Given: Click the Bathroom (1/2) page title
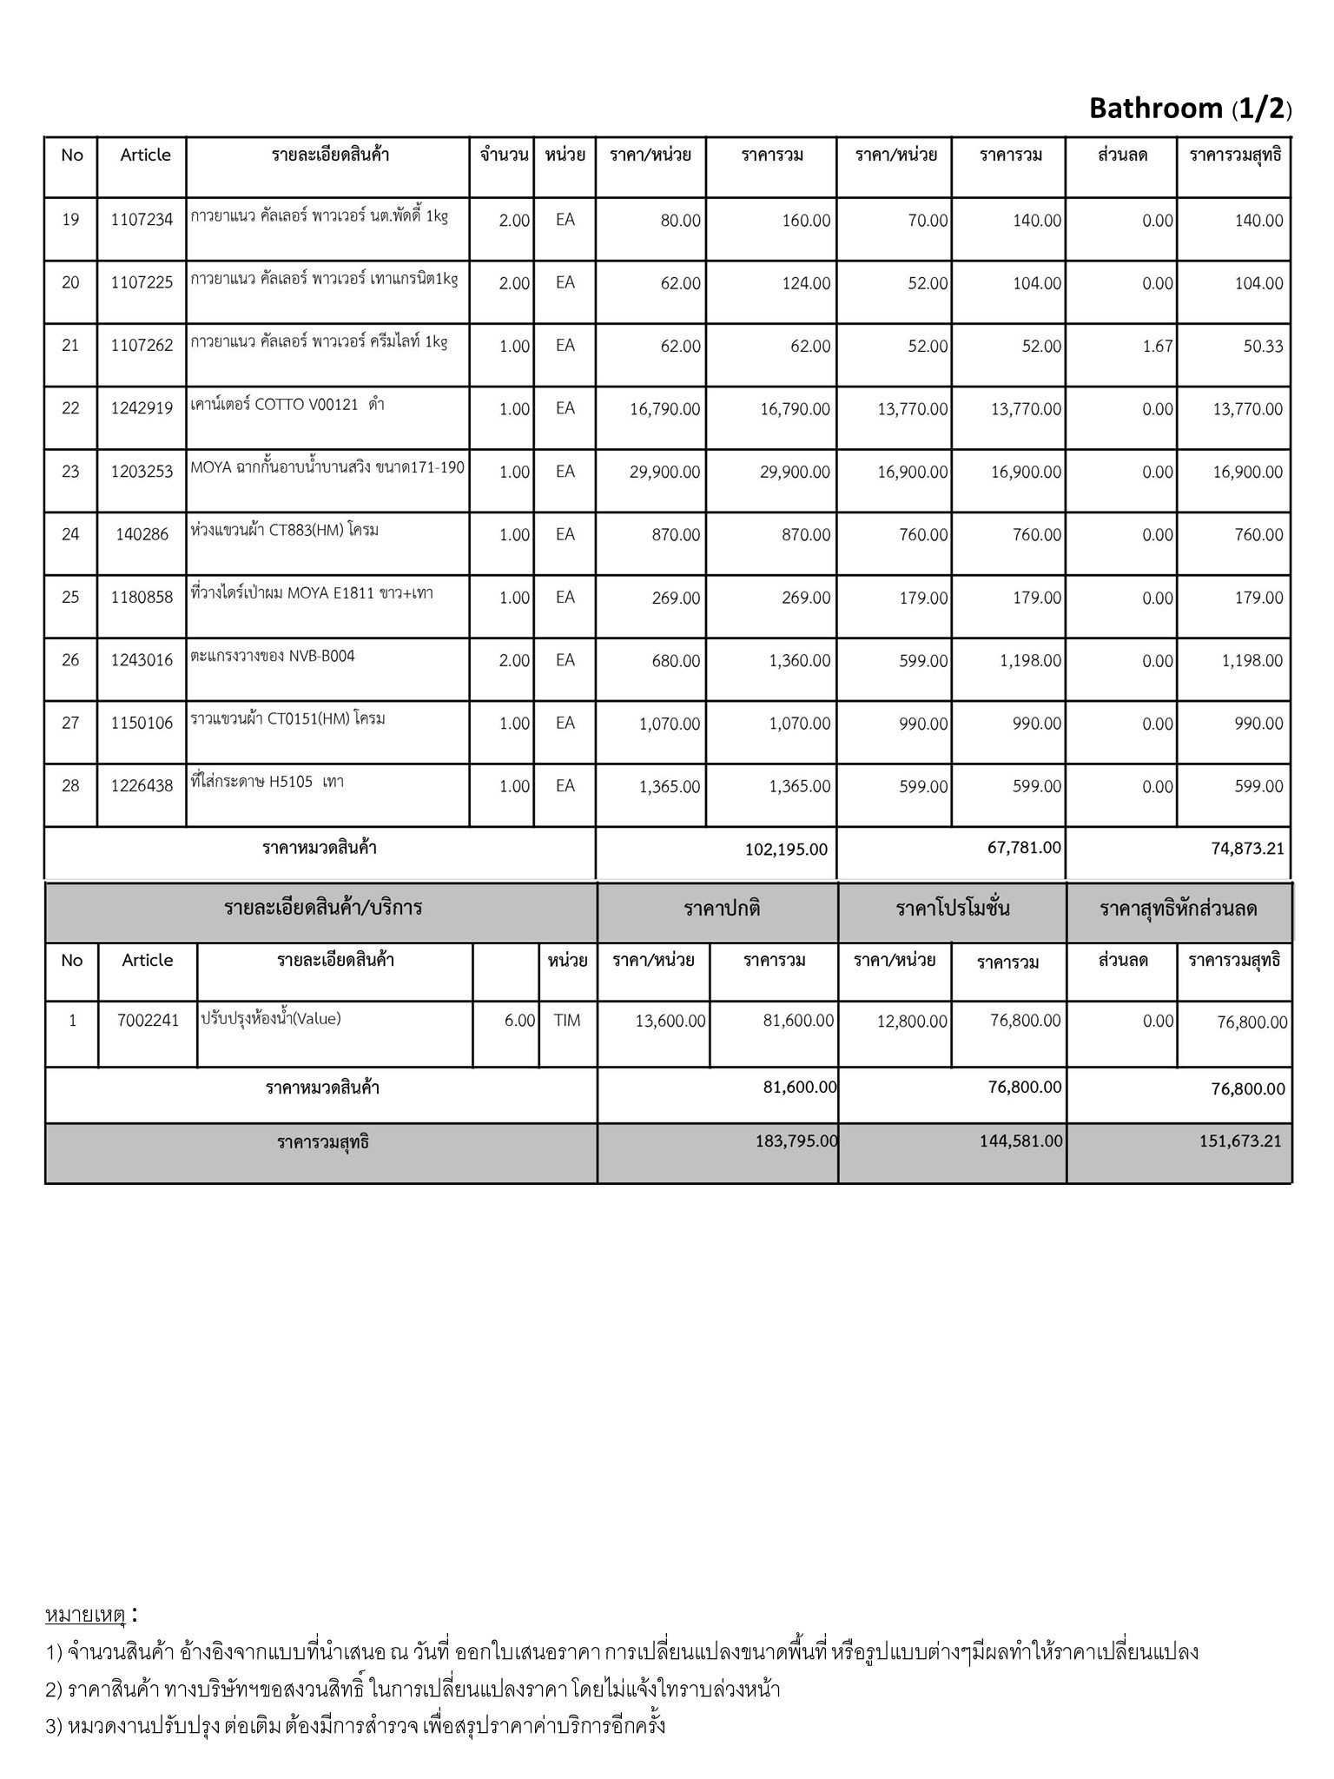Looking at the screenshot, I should (1190, 109).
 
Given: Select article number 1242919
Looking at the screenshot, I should (142, 408).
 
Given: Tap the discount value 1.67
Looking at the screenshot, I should (1158, 346).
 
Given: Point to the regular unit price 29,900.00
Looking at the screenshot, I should (664, 472).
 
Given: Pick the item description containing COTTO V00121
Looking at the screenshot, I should (287, 405).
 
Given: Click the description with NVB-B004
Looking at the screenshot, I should (273, 656).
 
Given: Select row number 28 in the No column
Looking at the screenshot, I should (70, 785).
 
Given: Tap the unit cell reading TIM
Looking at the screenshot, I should (566, 1021).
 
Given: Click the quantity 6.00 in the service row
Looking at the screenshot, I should (519, 1021).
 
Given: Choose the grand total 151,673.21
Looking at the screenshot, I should (1240, 1141).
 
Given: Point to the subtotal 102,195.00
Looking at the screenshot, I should (786, 849).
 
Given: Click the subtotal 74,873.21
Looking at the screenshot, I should (1247, 849).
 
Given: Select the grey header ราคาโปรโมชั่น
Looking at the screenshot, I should (952, 909).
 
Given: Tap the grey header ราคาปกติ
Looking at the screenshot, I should (722, 909).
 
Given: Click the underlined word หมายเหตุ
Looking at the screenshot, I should (85, 1615).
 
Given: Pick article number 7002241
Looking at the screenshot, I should (148, 1021).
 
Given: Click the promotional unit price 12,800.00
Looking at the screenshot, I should (911, 1021).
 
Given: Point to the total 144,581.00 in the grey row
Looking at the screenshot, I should (1020, 1141).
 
